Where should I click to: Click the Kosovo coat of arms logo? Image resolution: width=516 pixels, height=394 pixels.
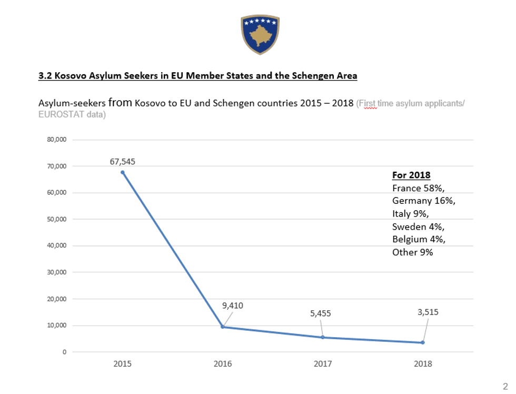[x=260, y=35]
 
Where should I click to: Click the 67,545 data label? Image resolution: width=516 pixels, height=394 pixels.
[x=122, y=162]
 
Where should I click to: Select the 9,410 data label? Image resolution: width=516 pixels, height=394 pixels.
[x=233, y=305]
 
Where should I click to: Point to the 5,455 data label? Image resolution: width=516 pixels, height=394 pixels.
[x=321, y=313]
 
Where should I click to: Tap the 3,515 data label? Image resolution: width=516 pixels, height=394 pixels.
[x=428, y=312]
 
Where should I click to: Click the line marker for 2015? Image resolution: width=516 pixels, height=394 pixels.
[x=122, y=172]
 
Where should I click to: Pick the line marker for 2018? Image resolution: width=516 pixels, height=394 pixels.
[x=423, y=342]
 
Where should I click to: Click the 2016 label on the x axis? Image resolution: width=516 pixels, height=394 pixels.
[x=222, y=364]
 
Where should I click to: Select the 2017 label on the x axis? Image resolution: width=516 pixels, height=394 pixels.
[x=323, y=364]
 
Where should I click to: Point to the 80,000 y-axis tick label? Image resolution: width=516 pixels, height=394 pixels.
[x=56, y=140]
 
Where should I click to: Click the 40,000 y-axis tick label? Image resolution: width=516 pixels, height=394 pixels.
[x=56, y=246]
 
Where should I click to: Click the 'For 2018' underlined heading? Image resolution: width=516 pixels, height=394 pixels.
[x=411, y=175]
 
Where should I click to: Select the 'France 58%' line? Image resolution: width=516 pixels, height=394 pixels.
[x=422, y=188]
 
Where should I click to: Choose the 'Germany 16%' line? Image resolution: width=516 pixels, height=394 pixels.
[x=424, y=201]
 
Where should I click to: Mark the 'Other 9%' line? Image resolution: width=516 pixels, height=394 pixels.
[x=412, y=252]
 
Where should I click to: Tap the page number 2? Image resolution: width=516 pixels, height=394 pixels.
[x=505, y=385]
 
